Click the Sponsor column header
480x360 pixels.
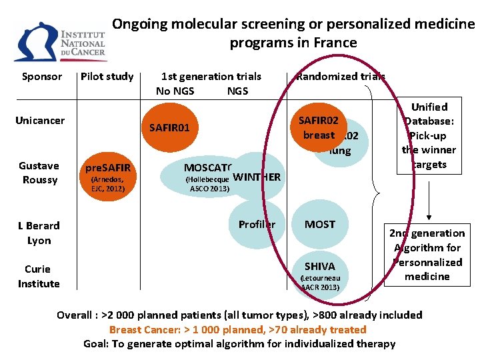(x=42, y=77)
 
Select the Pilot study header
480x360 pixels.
(x=107, y=77)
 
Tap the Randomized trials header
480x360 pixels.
(x=341, y=77)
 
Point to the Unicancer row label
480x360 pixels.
(x=40, y=121)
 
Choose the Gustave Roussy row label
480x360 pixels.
(x=39, y=173)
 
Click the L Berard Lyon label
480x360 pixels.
(x=39, y=233)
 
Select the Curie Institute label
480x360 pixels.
(x=39, y=276)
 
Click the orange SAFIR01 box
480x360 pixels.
(x=170, y=127)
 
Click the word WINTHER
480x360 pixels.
(x=257, y=177)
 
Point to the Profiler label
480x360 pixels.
(x=257, y=224)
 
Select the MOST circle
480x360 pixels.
(x=320, y=225)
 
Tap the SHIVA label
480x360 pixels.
(x=320, y=267)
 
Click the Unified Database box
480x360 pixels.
(x=429, y=136)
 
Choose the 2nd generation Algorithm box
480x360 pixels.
(x=427, y=254)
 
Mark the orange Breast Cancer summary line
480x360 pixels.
(x=238, y=329)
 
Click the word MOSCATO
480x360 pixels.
(x=207, y=167)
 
